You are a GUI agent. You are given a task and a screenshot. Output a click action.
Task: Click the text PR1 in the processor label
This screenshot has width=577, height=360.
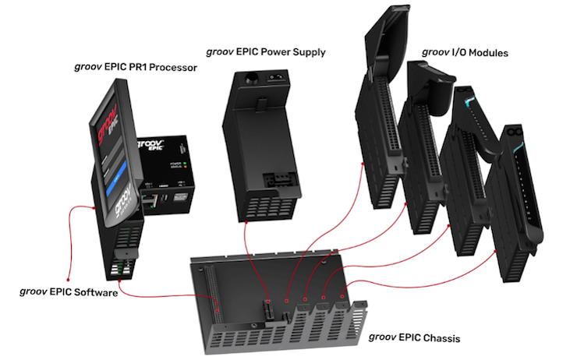[136, 68]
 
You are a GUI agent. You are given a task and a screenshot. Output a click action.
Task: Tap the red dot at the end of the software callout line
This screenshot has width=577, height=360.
[69, 278]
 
